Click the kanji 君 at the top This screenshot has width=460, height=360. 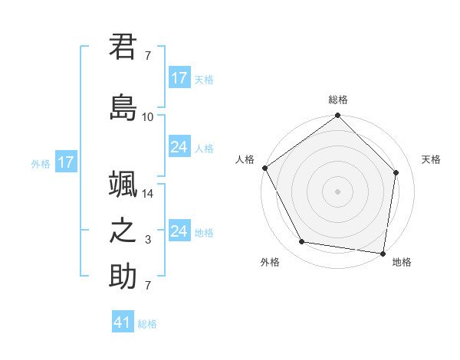pyautogui.click(x=123, y=47)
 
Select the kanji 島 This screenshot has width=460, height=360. pyautogui.click(x=123, y=107)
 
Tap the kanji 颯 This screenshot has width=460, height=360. pyautogui.click(x=123, y=185)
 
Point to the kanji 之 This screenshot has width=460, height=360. pyautogui.click(x=123, y=231)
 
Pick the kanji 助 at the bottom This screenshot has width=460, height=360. pyautogui.click(x=123, y=277)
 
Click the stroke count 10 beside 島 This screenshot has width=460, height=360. pyautogui.click(x=148, y=117)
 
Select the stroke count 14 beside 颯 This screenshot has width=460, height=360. pyautogui.click(x=148, y=195)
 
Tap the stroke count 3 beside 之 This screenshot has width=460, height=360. pyautogui.click(x=148, y=241)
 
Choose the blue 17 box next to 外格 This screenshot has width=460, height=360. pyautogui.click(x=65, y=162)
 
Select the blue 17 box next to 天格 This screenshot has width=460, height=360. pyautogui.click(x=179, y=78)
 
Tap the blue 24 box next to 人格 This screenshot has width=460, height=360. pyautogui.click(x=179, y=147)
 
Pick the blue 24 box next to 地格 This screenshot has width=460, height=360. pyautogui.click(x=179, y=231)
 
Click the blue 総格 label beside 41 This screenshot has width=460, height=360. pyautogui.click(x=147, y=324)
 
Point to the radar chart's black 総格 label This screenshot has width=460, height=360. pyautogui.click(x=338, y=100)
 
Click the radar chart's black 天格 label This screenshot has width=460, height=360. pyautogui.click(x=432, y=159)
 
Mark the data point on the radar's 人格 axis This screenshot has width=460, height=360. pyautogui.click(x=264, y=168)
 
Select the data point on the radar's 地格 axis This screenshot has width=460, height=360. pyautogui.click(x=383, y=253)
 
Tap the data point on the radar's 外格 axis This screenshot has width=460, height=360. pyautogui.click(x=302, y=242)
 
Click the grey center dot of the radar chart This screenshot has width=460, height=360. pyautogui.click(x=338, y=191)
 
